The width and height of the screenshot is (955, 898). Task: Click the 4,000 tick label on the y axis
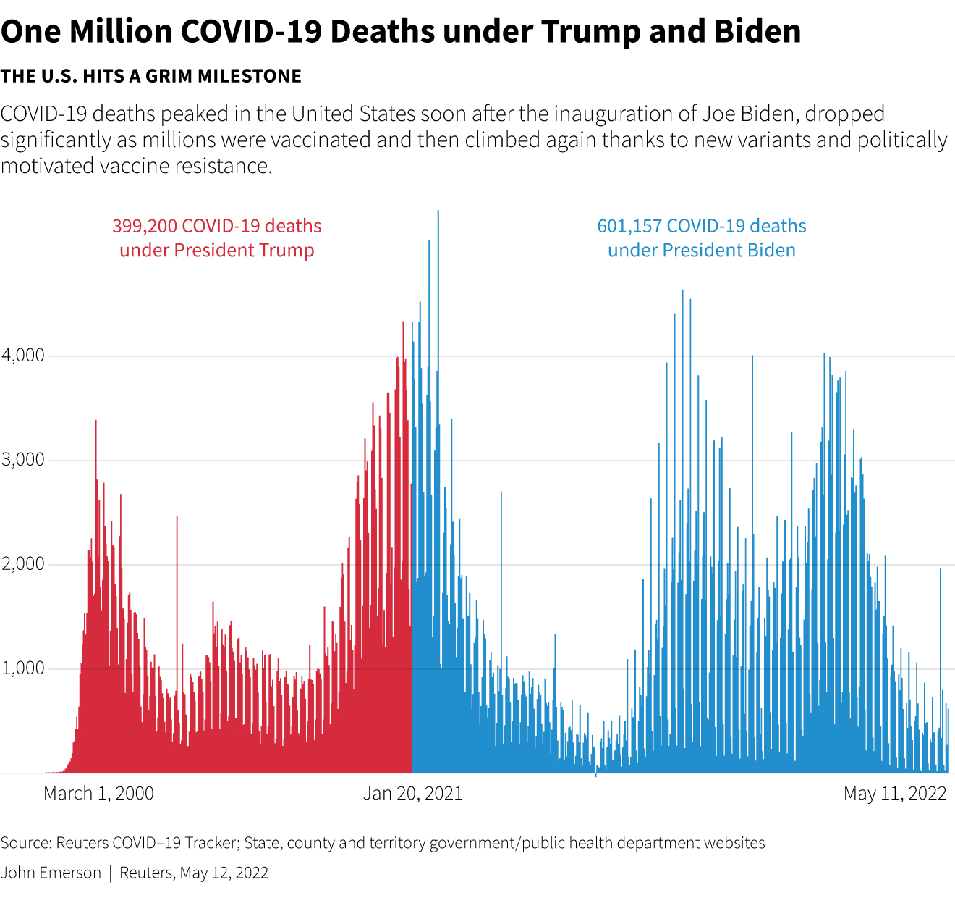(22, 356)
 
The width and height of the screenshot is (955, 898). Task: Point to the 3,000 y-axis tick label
(22, 460)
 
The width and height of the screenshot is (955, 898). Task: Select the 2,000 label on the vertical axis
(22, 564)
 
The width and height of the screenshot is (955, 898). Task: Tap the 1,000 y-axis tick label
(22, 668)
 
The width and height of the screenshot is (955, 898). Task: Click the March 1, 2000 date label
(98, 793)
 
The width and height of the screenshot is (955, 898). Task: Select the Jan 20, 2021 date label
(412, 793)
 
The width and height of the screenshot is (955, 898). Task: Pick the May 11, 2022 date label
(895, 793)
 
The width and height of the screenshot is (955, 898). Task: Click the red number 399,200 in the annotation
(144, 226)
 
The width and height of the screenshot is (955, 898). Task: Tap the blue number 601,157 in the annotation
(629, 226)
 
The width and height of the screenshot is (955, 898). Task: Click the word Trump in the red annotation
(287, 251)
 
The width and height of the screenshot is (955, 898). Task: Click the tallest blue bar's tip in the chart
(438, 212)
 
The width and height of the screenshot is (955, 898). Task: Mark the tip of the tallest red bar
(403, 323)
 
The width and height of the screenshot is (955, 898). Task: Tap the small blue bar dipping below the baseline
(595, 775)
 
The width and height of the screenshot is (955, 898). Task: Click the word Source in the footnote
(24, 843)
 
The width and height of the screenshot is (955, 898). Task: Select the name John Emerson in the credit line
(51, 873)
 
